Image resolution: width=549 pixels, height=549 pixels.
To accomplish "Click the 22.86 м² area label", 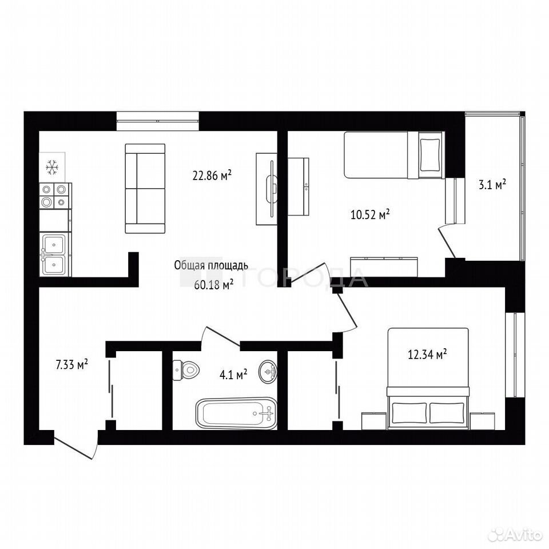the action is pyautogui.click(x=212, y=174).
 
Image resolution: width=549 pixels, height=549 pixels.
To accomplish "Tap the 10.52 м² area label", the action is pyautogui.click(x=370, y=214).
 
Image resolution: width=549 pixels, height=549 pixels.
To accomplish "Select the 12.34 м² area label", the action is pyautogui.click(x=427, y=354).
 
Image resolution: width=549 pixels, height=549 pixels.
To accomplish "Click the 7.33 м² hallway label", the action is pyautogui.click(x=71, y=364).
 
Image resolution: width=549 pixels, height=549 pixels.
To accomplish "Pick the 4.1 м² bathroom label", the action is pyautogui.click(x=233, y=375).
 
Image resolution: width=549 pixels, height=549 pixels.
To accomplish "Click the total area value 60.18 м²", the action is pyautogui.click(x=213, y=285).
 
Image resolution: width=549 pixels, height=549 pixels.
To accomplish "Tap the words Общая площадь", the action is pyautogui.click(x=211, y=265).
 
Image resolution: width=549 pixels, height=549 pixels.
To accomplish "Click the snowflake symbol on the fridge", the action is pyautogui.click(x=52, y=168).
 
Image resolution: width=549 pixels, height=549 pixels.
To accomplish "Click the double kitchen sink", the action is pyautogui.click(x=55, y=254).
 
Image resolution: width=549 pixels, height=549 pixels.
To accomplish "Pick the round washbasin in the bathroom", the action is pyautogui.click(x=268, y=371).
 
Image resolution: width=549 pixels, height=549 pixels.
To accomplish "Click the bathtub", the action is pyautogui.click(x=236, y=413).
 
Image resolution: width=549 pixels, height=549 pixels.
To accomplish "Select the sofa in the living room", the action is pyautogui.click(x=145, y=188).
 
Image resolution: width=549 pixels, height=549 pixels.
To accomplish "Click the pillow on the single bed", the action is pyautogui.click(x=430, y=154).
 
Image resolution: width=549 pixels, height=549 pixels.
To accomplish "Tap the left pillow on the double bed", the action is pyautogui.click(x=409, y=412).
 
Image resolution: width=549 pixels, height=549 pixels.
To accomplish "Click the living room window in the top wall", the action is pyautogui.click(x=158, y=121).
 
